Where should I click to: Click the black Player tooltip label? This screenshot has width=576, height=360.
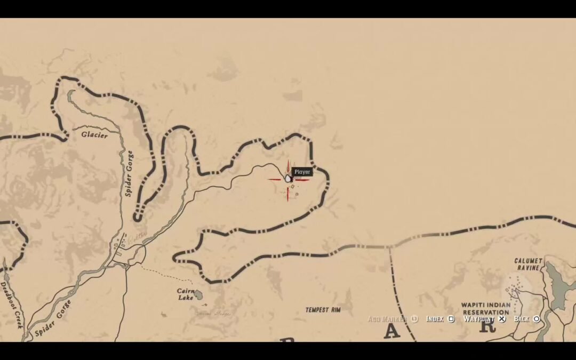(x=302, y=172)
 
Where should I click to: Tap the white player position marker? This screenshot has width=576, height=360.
(x=288, y=178)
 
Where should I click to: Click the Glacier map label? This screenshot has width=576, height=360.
(x=94, y=135)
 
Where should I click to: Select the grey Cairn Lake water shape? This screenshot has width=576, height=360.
(x=198, y=294)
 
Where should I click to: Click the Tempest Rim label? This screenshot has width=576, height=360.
(x=323, y=309)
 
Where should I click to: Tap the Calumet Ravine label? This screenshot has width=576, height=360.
(x=528, y=264)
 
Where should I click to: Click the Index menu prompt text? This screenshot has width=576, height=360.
(x=435, y=319)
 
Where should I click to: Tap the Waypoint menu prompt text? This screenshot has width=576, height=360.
(x=478, y=319)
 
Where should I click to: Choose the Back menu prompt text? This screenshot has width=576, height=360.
(x=522, y=319)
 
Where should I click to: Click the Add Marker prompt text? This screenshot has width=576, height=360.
(x=388, y=319)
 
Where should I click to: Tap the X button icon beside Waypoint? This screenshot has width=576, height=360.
(x=502, y=319)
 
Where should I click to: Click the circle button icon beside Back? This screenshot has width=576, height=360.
(x=537, y=319)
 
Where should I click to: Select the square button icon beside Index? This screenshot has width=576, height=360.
(x=451, y=319)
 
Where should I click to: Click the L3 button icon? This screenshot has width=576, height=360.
(x=414, y=319)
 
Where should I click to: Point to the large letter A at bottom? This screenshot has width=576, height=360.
(x=391, y=332)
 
